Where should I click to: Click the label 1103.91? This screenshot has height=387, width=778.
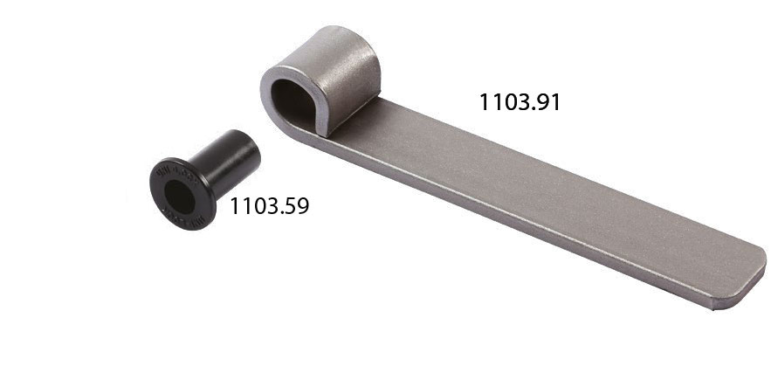pyautogui.click(x=519, y=101)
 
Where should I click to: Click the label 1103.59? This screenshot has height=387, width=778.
pyautogui.click(x=269, y=206)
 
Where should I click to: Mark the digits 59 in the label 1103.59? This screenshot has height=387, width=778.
pyautogui.click(x=296, y=206)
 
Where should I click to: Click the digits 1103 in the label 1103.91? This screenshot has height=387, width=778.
pyautogui.click(x=502, y=101)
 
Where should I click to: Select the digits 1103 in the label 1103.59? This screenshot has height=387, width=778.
pyautogui.click(x=252, y=206)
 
